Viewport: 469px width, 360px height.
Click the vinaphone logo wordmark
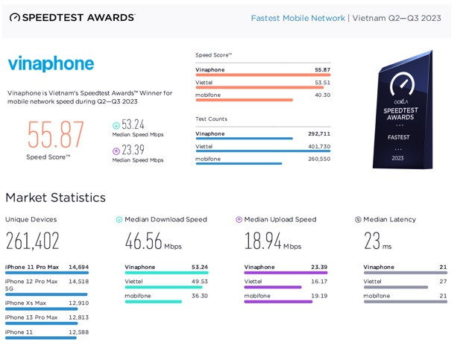[51, 64]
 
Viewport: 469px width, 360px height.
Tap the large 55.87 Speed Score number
[56, 135]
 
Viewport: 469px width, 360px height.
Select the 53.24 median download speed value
[133, 124]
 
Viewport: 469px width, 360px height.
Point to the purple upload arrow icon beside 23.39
[116, 151]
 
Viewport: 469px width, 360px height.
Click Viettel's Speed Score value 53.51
[322, 83]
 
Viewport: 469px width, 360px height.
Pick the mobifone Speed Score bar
[244, 100]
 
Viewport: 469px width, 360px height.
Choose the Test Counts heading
[211, 119]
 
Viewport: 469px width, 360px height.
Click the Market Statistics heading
[55, 198]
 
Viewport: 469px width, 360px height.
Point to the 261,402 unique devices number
[32, 241]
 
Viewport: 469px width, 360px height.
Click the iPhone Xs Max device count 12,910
[78, 303]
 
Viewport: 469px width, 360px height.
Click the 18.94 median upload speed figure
[262, 241]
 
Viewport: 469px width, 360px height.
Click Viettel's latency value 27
[444, 282]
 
